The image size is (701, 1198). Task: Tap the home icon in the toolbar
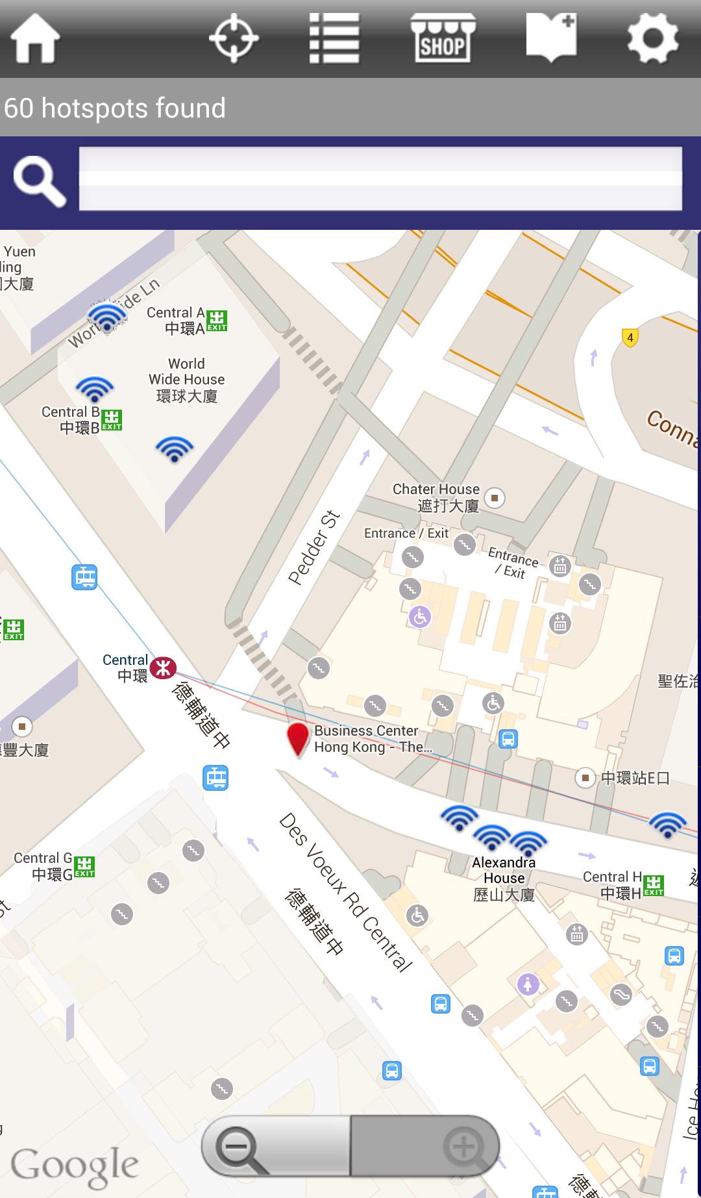click(x=35, y=39)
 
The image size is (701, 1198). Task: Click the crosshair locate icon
click(x=234, y=39)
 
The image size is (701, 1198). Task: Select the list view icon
click(x=334, y=39)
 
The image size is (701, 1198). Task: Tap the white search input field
click(x=380, y=179)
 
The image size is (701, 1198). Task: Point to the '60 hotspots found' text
click(x=115, y=108)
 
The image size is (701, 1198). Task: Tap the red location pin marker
click(x=298, y=739)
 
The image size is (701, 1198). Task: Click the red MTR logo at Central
click(x=163, y=668)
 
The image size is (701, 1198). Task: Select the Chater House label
click(x=436, y=497)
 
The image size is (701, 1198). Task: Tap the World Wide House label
click(x=186, y=380)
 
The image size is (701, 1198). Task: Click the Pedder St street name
click(x=314, y=547)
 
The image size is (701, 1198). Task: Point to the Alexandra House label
click(x=504, y=879)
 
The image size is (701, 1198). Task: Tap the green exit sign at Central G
click(x=84, y=867)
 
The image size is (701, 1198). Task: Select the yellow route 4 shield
click(x=630, y=338)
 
